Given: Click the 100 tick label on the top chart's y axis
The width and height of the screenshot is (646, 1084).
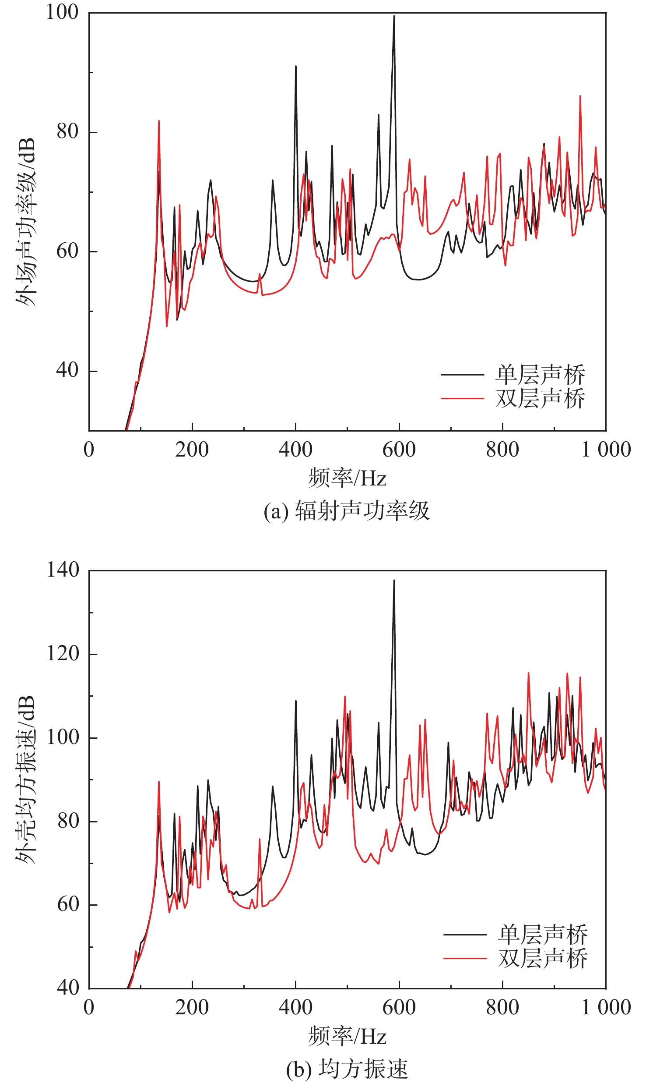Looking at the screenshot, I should click(x=62, y=12).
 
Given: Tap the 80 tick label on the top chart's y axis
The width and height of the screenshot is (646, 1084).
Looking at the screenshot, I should click(x=67, y=131).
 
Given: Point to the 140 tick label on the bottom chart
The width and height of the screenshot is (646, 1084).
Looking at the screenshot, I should click(x=63, y=570).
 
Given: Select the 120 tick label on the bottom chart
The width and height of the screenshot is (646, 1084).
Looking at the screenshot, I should click(x=63, y=654).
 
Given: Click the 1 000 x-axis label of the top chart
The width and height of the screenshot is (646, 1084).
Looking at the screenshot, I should click(x=606, y=450).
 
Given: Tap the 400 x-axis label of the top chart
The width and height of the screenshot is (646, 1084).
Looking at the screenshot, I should click(x=295, y=450).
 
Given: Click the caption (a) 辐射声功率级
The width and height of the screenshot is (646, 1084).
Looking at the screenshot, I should click(x=347, y=511).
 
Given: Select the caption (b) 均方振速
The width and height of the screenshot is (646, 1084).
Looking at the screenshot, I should click(x=347, y=1069).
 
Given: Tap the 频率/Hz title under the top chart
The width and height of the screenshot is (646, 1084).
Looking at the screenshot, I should click(x=347, y=478).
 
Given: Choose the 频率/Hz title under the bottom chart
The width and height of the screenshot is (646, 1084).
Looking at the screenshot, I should click(x=347, y=1036).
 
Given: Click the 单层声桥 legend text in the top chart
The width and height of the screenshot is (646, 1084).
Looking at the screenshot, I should click(x=540, y=375).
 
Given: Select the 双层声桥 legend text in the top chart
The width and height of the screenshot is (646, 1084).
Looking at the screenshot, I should click(x=540, y=398).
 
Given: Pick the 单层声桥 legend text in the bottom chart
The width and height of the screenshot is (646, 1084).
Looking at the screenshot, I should click(x=543, y=935).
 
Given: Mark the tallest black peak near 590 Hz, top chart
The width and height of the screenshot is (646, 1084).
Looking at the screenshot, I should click(x=394, y=17).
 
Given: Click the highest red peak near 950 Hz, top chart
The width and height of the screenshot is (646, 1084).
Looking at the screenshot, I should click(x=580, y=96).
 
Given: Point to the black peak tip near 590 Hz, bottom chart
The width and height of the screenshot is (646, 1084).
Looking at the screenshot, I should click(x=394, y=581).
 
